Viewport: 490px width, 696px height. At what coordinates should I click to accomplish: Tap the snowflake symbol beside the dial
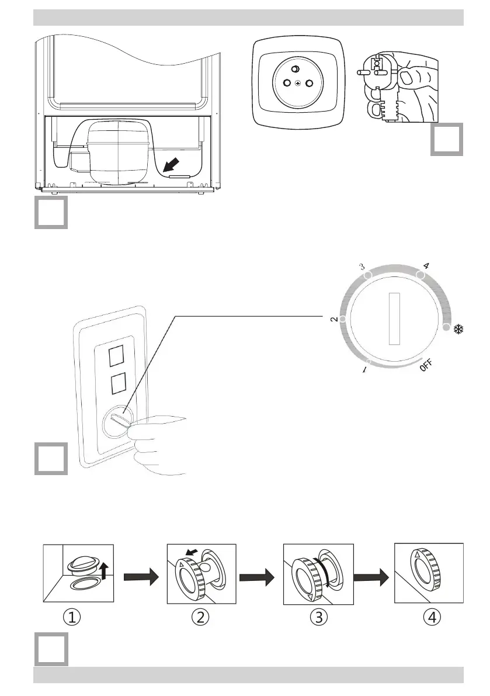click(x=458, y=330)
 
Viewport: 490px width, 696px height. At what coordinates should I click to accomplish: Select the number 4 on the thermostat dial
click(x=427, y=266)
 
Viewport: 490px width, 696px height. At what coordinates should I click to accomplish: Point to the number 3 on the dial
click(x=362, y=266)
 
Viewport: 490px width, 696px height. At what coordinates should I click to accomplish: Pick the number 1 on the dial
click(x=365, y=370)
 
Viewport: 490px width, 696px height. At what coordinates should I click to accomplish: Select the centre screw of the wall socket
click(x=299, y=82)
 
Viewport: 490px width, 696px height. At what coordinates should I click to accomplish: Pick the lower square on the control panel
click(x=117, y=384)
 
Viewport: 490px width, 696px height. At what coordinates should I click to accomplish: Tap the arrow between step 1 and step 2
click(x=140, y=577)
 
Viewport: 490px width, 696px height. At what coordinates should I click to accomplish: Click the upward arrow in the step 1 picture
click(x=105, y=567)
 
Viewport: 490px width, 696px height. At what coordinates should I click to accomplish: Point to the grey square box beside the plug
click(x=447, y=139)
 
